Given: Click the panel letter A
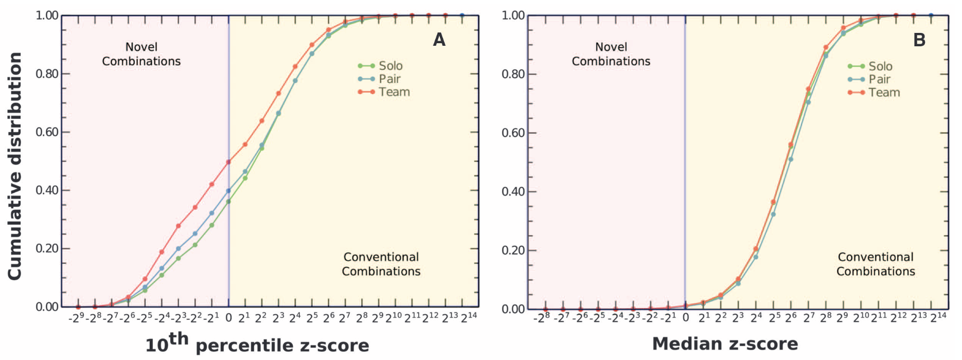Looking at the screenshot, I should [439, 40].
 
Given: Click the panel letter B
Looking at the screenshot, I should [919, 40].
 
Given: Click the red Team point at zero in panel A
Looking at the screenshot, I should [228, 161].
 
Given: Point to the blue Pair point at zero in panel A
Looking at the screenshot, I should [228, 190].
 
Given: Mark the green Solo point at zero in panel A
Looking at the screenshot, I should [228, 202].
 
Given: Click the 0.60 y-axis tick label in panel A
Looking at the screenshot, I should [47, 132].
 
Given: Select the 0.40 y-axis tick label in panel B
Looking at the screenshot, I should [513, 192].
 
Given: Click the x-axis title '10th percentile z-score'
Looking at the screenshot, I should [257, 344].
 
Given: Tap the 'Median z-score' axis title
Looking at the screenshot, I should [725, 344].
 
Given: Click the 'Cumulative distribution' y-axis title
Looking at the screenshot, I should [14, 166].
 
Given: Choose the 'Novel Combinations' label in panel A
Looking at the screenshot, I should [141, 54].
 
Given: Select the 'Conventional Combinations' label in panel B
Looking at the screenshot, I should [876, 264].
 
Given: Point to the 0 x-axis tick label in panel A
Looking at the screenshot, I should [228, 318].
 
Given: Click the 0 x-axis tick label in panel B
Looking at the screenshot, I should [685, 318].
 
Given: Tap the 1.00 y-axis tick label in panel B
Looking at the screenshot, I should [513, 15].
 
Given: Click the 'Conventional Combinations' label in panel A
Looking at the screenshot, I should [381, 264].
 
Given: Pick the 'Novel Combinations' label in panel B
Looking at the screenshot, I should [611, 54].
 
